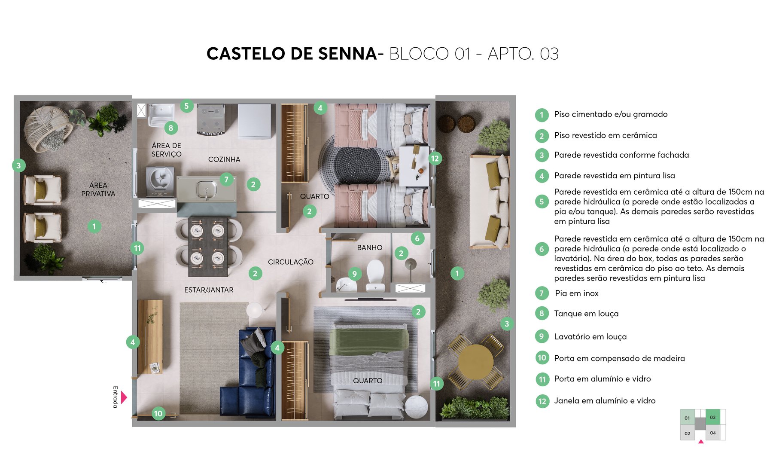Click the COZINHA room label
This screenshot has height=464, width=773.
[224, 159]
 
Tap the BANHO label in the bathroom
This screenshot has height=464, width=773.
[369, 247]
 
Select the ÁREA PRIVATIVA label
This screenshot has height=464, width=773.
[98, 189]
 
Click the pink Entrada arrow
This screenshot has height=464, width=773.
[124, 397]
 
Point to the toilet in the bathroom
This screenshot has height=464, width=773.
[375, 275]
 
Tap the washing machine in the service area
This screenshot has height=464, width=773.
[160, 181]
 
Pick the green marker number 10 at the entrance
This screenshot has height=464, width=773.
[158, 413]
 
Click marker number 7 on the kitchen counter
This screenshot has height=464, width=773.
[226, 179]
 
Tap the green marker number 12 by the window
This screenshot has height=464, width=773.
[435, 159]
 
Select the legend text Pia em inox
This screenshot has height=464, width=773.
[576, 293]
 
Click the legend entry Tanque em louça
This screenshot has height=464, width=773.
[586, 314]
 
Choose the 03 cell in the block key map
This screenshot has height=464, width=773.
[712, 417]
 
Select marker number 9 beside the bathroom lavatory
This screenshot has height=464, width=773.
[354, 274]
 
